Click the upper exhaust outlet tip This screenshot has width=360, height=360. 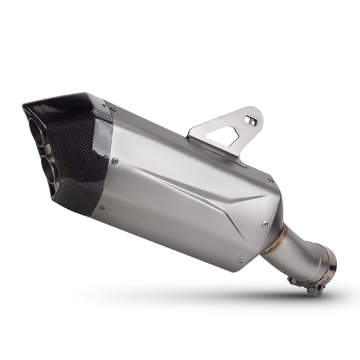click(36, 132)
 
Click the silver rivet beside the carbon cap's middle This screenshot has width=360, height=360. click(115, 161)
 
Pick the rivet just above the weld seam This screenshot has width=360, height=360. click(265, 224)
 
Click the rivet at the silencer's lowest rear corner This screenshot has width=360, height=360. click(240, 262)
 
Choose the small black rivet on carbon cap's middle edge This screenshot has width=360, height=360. click(106, 157)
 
